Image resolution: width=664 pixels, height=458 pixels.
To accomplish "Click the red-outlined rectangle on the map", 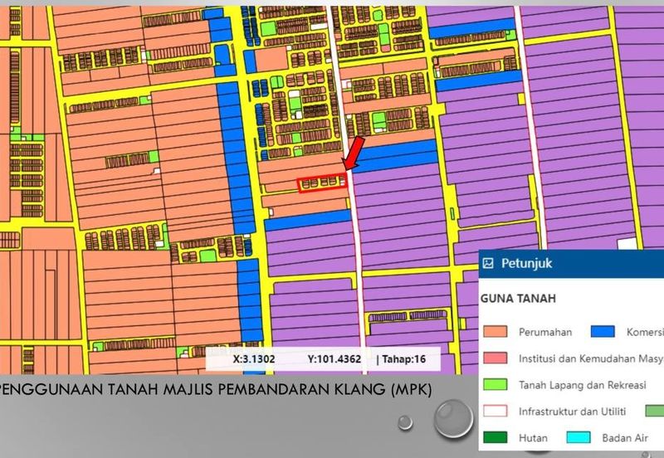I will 321,183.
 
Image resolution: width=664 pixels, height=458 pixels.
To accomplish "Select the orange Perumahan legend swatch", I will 496,331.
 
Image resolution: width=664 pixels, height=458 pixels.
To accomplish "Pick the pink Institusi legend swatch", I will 496,358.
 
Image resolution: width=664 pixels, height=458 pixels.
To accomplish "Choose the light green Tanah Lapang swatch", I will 496,385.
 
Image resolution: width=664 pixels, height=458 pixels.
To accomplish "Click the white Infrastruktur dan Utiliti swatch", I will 496,411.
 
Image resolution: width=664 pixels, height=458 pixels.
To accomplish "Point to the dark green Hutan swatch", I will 496,436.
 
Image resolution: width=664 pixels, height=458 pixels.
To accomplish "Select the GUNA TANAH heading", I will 520,297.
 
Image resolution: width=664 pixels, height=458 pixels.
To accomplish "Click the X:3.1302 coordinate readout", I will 253,359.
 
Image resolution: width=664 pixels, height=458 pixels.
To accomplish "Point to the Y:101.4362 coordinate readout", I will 334,359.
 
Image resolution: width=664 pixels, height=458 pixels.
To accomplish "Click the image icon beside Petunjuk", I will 489,263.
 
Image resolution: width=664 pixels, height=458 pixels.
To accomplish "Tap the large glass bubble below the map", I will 452,417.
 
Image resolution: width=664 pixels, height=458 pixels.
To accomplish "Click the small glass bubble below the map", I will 405,421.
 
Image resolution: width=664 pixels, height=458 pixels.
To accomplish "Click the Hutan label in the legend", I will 532,436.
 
